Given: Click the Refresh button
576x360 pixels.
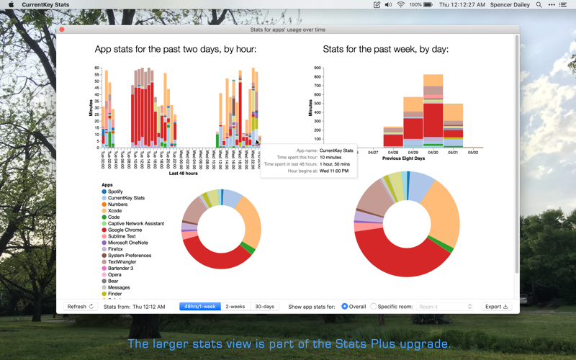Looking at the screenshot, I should [80, 307].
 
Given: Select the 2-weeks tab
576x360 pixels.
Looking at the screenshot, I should [235, 307].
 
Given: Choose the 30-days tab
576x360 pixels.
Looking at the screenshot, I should [265, 307].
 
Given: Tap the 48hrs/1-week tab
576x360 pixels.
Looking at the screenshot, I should [199, 307].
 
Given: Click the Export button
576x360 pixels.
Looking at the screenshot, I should [497, 307].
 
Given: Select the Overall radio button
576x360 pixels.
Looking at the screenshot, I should [345, 307].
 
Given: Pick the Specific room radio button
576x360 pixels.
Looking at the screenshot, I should [374, 307].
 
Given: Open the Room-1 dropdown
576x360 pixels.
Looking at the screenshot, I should [445, 307].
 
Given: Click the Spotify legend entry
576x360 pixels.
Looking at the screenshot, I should [115, 192].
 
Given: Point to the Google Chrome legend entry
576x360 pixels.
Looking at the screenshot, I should [125, 230].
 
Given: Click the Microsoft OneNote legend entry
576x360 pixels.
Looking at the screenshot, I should [127, 243].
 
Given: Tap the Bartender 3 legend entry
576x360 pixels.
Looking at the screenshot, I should [120, 268].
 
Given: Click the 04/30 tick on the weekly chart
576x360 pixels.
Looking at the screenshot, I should [433, 153].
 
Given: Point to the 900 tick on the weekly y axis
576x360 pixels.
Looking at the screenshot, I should [317, 68].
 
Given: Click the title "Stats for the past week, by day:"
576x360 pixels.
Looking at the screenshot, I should [386, 50].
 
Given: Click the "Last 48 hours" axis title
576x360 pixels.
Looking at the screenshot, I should [183, 174].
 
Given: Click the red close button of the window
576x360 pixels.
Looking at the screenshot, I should [62, 30].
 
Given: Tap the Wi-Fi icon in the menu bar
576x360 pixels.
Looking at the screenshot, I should [401, 5].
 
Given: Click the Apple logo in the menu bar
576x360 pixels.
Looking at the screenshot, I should [11, 5].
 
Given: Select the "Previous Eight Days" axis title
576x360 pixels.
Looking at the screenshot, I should [403, 158].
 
